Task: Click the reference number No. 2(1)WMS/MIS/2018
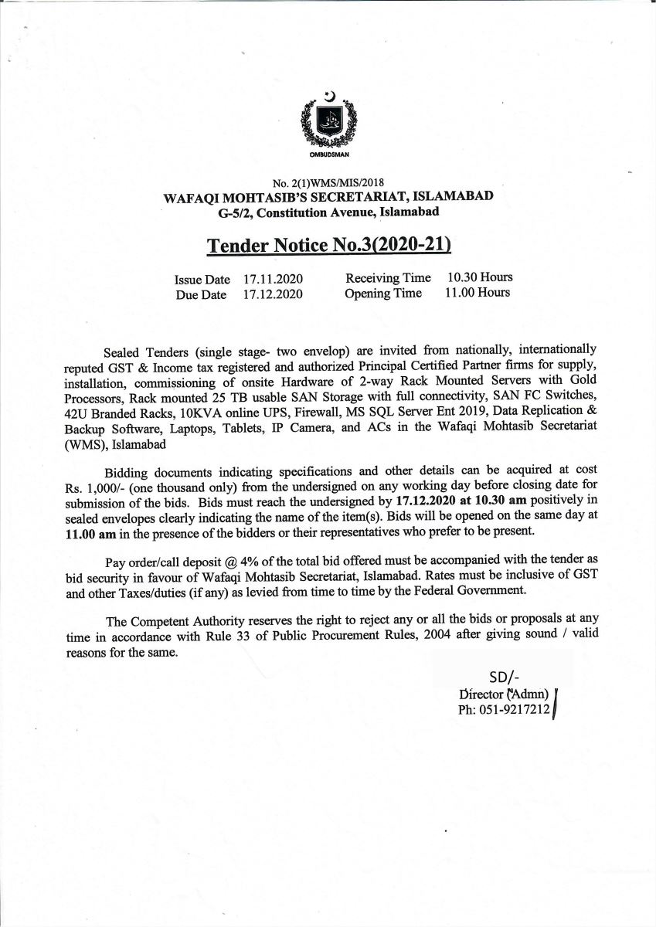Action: (x=329, y=184)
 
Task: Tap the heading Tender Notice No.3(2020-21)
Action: (x=328, y=245)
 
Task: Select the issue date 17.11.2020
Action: (x=272, y=279)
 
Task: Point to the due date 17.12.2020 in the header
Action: (x=272, y=294)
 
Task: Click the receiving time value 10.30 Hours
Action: (x=480, y=277)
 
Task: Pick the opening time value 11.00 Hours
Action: (x=478, y=293)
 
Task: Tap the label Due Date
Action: (x=201, y=295)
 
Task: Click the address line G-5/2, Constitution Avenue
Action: (x=329, y=211)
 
